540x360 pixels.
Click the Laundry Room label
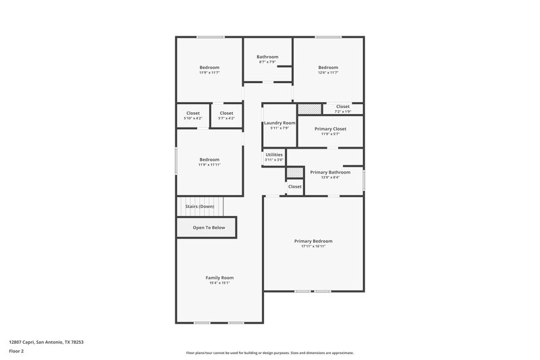coord(279,123)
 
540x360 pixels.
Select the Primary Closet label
coord(330,128)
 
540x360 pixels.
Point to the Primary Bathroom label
coord(330,172)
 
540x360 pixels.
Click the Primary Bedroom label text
coord(313,241)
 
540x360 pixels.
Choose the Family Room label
coord(219,278)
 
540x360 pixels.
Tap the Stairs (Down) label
coord(200,206)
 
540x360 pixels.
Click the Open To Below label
coord(209,228)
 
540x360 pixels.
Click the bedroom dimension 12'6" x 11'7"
coord(328,73)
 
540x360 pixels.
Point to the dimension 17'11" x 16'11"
coord(313,247)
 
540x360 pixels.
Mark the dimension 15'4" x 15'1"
coord(219,283)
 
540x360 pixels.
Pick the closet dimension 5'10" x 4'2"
coord(193,118)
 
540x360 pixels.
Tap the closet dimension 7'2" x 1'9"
coord(343,111)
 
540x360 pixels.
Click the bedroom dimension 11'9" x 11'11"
coord(209,165)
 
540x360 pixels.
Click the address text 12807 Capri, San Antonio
coord(46,342)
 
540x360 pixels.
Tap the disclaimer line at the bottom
coord(269,353)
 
